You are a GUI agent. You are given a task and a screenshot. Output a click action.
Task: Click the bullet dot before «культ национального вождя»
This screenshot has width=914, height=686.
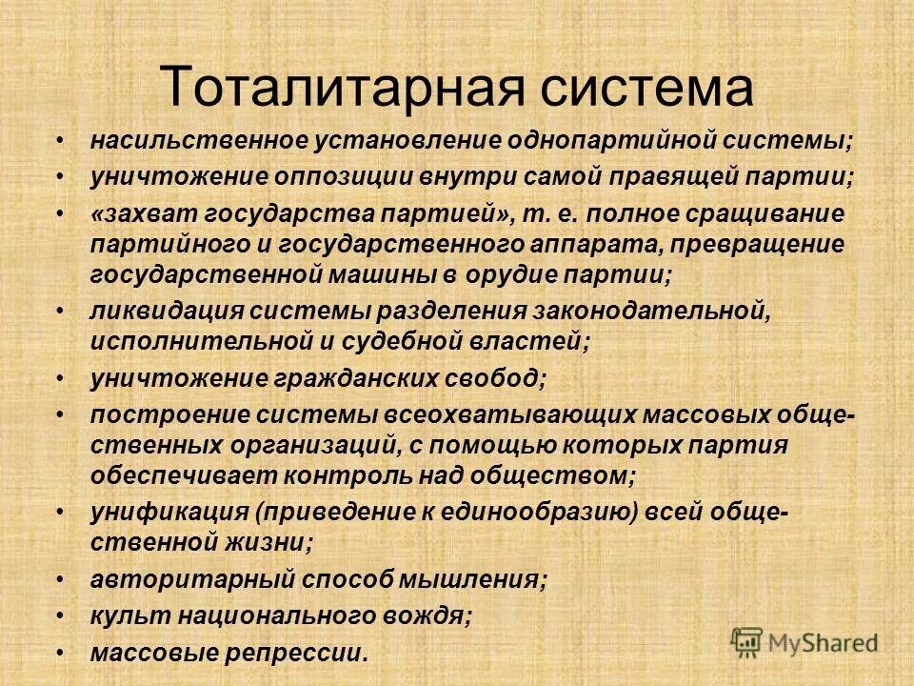coord(61,615)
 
